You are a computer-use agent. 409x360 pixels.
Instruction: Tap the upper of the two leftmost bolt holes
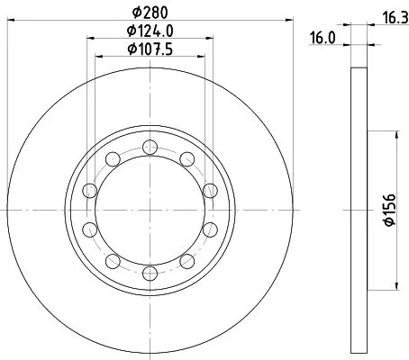pos(90,190)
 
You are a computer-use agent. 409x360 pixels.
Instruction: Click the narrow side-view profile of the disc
pos(357,209)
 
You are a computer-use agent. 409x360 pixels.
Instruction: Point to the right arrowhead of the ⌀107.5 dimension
pos(200,55)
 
